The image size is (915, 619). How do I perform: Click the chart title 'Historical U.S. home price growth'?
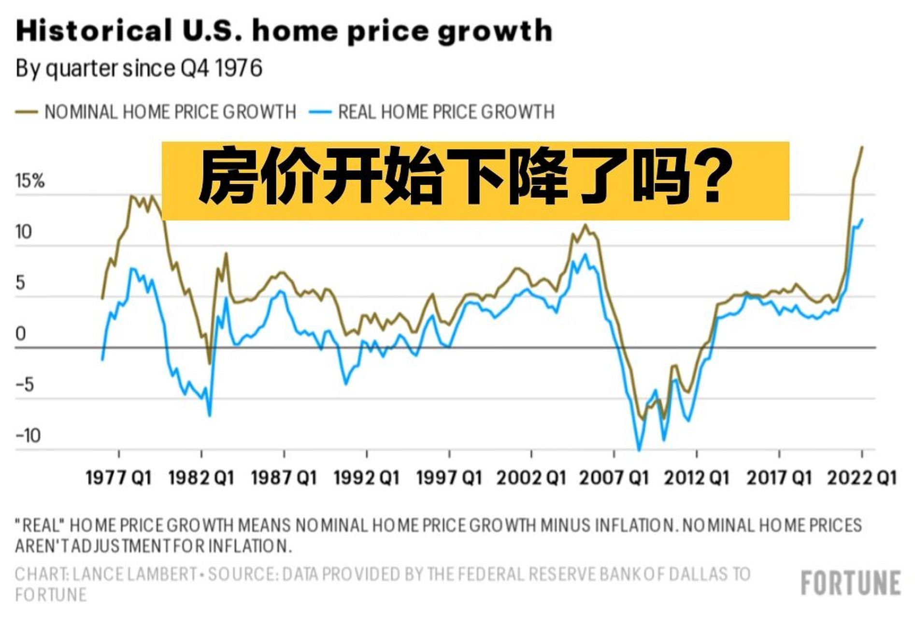[284, 31]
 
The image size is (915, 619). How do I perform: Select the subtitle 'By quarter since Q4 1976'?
[139, 69]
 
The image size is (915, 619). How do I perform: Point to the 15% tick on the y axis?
[30, 181]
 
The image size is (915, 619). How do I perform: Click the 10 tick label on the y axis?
[23, 232]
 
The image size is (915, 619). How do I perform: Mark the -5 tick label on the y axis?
[25, 385]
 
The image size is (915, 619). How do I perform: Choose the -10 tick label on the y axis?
[28, 436]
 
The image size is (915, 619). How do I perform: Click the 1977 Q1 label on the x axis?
[118, 478]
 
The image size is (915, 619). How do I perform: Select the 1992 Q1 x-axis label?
[367, 478]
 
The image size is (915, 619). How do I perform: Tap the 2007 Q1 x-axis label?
[614, 478]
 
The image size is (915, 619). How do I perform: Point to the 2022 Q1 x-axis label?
[862, 478]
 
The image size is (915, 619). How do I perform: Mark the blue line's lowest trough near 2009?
[639, 450]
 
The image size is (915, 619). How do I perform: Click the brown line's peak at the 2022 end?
[862, 147]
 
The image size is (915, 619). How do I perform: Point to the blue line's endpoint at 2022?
[862, 220]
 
